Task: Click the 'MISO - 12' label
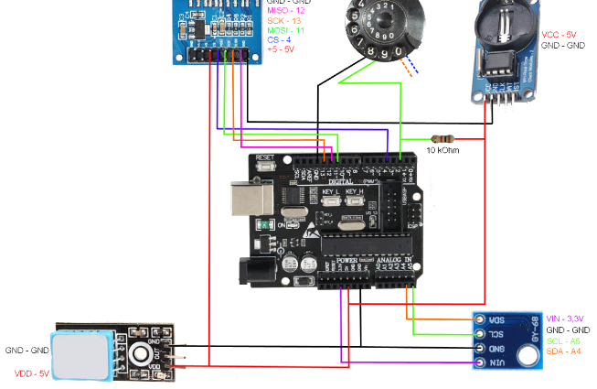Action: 286,10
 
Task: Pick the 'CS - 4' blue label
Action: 278,39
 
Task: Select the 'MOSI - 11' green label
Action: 286,30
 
